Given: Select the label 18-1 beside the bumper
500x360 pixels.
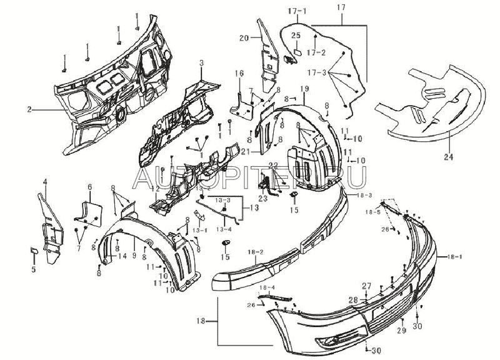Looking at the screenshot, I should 459,257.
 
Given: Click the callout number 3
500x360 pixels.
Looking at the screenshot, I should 201,63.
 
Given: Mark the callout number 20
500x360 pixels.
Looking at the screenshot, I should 244,38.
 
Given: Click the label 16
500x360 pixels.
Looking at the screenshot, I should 238,74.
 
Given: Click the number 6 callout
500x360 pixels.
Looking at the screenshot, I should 89,187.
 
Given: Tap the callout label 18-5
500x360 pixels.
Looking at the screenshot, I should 373,212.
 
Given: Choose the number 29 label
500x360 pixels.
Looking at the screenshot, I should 401,329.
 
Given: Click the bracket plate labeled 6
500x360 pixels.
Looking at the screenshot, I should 87,211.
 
